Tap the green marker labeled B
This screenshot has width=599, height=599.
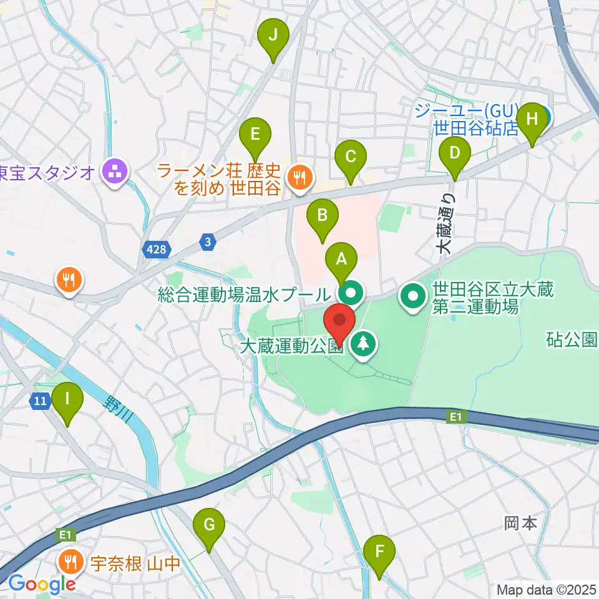tap(322, 216)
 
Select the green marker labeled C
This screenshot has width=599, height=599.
tap(351, 156)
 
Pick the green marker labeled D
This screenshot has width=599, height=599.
tap(455, 153)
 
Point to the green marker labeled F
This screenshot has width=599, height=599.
tap(379, 552)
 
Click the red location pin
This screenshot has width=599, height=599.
tap(339, 321)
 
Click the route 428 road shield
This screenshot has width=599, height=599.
tap(157, 250)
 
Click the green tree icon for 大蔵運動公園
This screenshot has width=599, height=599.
tap(363, 344)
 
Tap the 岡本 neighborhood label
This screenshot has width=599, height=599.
tap(520, 523)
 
